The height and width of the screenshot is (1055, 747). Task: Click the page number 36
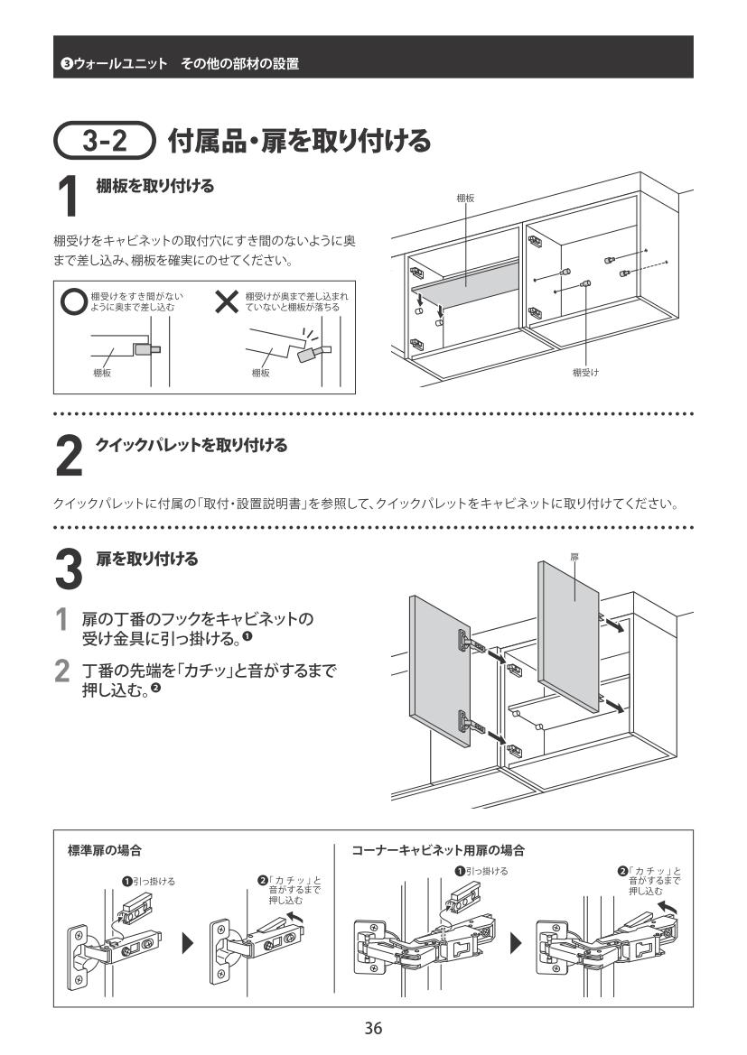pos(373,1028)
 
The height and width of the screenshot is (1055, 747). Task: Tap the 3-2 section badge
pos(107,141)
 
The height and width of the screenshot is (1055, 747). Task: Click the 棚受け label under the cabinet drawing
pos(585,372)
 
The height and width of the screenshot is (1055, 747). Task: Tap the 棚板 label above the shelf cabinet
pos(466,198)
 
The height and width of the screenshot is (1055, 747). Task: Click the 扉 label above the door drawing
pos(574,558)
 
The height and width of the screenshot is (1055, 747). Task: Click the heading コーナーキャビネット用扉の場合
pos(438,850)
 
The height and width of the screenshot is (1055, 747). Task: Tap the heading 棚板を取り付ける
pos(155,187)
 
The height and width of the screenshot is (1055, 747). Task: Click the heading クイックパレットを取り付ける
pos(191,445)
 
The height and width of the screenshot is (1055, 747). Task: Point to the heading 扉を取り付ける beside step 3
pos(146,559)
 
